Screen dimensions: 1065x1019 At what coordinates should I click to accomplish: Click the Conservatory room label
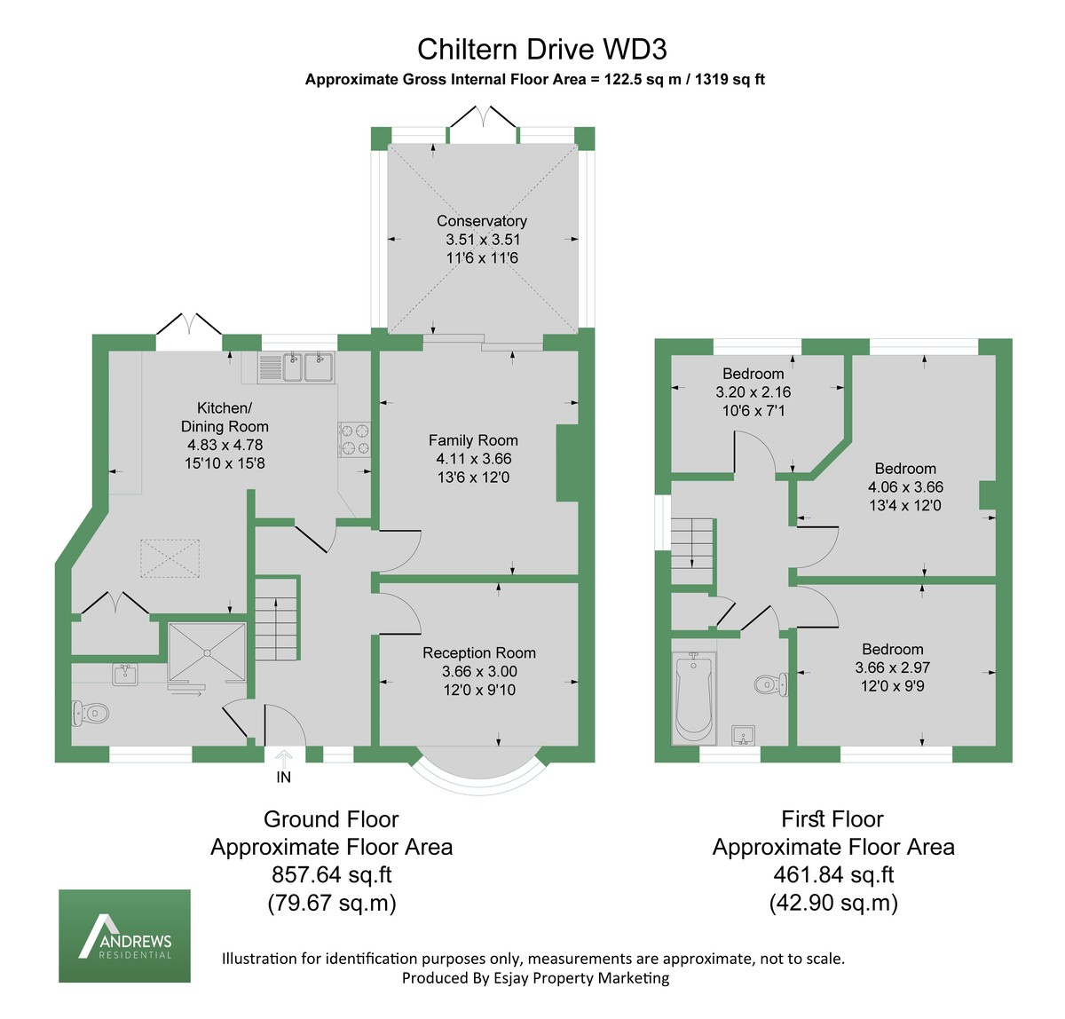point(482,220)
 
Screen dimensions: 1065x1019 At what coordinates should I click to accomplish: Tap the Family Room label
point(473,440)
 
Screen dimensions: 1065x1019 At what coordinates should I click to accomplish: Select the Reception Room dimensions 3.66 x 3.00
point(479,671)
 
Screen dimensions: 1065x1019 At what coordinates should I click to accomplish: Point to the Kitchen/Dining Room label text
point(225,417)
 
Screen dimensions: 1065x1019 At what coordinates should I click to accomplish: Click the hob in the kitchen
point(354,439)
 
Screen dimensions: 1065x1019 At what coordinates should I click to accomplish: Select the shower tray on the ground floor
point(208,652)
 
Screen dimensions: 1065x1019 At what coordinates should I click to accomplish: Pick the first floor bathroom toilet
point(771,684)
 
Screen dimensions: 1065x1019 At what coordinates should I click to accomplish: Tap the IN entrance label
point(283,777)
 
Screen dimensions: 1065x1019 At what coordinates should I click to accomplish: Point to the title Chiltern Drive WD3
point(541,49)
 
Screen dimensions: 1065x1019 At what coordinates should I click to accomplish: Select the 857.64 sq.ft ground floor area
point(332,874)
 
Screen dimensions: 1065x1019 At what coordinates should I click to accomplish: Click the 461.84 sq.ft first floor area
point(833,874)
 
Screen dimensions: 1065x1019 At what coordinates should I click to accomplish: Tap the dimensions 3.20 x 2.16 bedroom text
point(753,391)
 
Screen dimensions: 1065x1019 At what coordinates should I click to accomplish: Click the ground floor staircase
point(277,618)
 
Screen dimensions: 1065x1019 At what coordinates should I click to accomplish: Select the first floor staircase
point(692,551)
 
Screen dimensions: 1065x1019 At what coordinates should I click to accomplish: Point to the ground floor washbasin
point(125,674)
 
